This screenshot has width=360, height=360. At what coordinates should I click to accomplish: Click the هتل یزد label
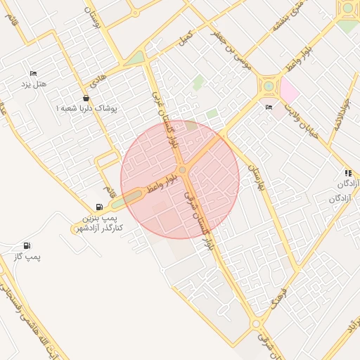(33, 85)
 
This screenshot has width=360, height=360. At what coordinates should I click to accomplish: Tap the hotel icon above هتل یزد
(33, 74)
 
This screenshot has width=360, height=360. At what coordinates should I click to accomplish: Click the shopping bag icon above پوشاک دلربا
(86, 98)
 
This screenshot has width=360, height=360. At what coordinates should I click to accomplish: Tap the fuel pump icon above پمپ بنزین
(98, 207)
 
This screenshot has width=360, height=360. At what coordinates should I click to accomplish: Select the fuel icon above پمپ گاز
(27, 245)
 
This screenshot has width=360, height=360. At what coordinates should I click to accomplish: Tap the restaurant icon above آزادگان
(347, 173)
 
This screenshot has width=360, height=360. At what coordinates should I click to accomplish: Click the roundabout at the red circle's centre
(181, 170)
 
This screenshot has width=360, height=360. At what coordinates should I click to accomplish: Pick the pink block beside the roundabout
(288, 90)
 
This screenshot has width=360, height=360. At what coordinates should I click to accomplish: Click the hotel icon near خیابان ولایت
(269, 108)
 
